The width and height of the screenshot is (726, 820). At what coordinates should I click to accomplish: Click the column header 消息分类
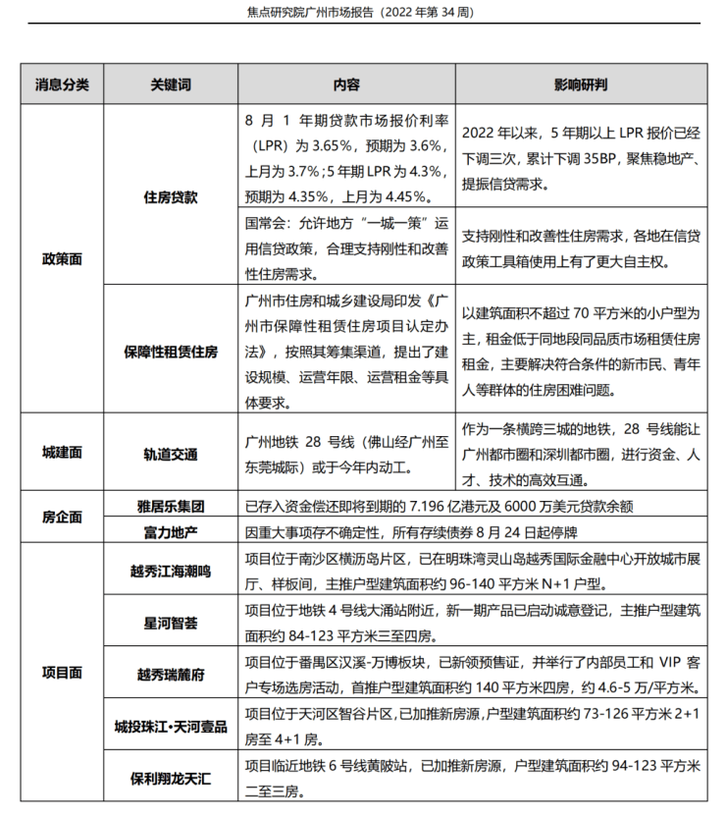(x=62, y=84)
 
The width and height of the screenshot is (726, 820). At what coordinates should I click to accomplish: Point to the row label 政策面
(x=62, y=258)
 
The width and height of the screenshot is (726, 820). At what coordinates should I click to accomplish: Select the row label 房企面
(x=62, y=516)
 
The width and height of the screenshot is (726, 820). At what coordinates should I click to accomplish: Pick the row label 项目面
(x=62, y=673)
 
